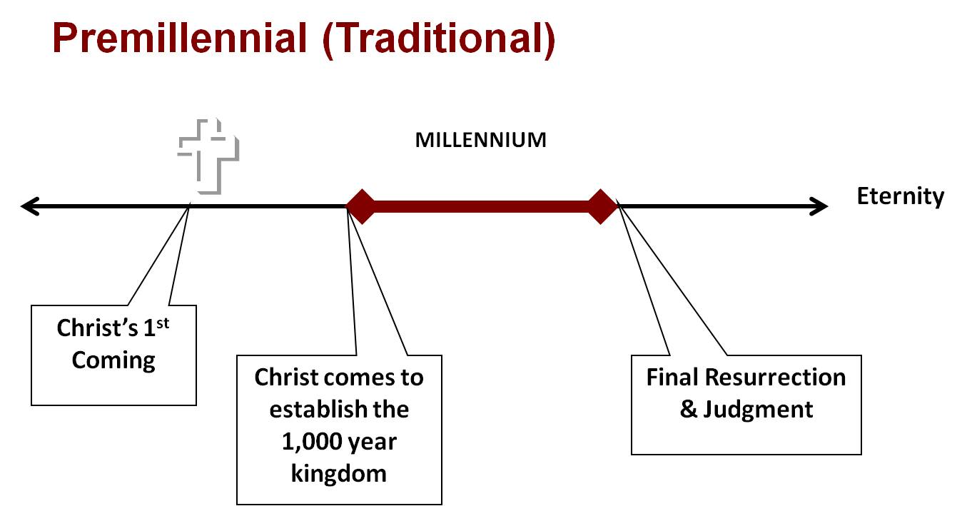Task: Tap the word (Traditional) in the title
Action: (438, 40)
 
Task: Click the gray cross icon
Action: (208, 156)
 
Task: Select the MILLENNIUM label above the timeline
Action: (480, 140)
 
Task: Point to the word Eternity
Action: (900, 196)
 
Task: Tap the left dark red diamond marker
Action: (360, 207)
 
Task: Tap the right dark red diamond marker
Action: (601, 207)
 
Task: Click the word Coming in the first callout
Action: (113, 360)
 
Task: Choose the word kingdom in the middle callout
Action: (339, 473)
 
